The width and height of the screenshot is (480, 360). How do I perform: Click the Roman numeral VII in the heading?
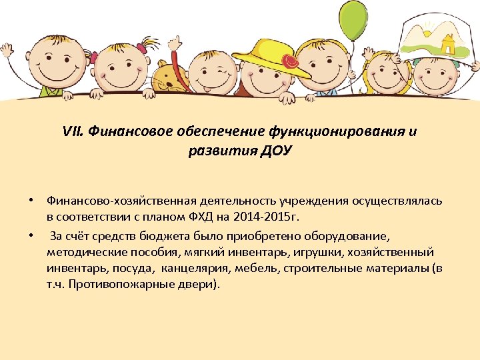pyautogui.click(x=71, y=131)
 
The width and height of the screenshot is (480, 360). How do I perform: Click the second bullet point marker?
pyautogui.click(x=31, y=236)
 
